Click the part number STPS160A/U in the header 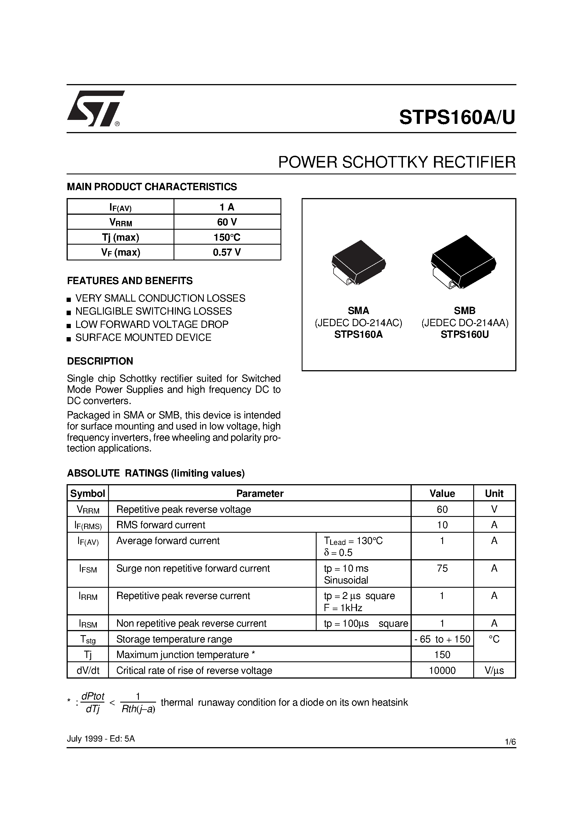[x=457, y=117]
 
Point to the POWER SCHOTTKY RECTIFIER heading [x=396, y=163]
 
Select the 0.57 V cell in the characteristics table [x=227, y=252]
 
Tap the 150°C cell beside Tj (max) [x=227, y=237]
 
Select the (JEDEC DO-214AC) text [x=358, y=323]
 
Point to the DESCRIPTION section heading [x=100, y=361]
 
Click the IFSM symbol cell [x=88, y=569]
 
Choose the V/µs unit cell [x=494, y=670]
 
